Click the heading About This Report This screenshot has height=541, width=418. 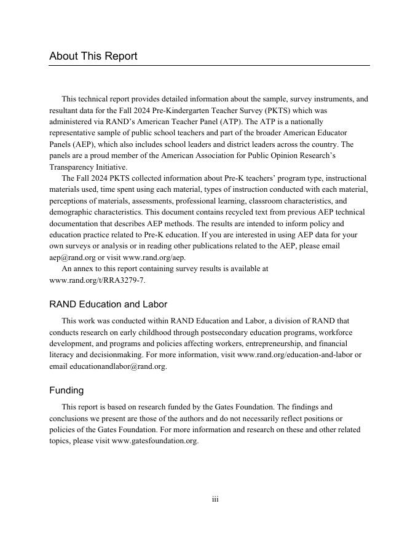point(93,57)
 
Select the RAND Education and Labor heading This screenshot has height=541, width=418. point(108,304)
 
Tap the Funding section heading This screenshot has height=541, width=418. point(66,390)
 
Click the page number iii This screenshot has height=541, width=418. point(215,499)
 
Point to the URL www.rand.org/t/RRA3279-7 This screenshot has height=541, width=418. point(97,280)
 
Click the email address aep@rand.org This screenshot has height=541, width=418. point(72,258)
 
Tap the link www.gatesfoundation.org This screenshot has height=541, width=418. point(155,441)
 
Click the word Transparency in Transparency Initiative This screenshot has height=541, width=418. point(70,167)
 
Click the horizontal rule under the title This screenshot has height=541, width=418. point(209,65)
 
